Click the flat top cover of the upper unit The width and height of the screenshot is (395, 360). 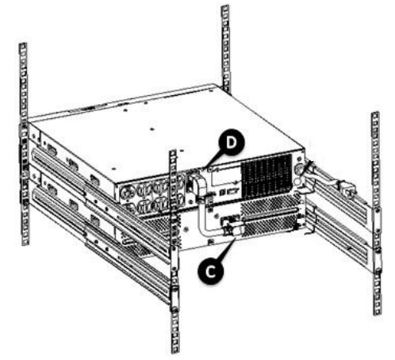159,119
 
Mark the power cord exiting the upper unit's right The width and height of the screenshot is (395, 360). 325,176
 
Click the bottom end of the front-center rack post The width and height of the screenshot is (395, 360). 174,345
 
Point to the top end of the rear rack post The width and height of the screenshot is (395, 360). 224,10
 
